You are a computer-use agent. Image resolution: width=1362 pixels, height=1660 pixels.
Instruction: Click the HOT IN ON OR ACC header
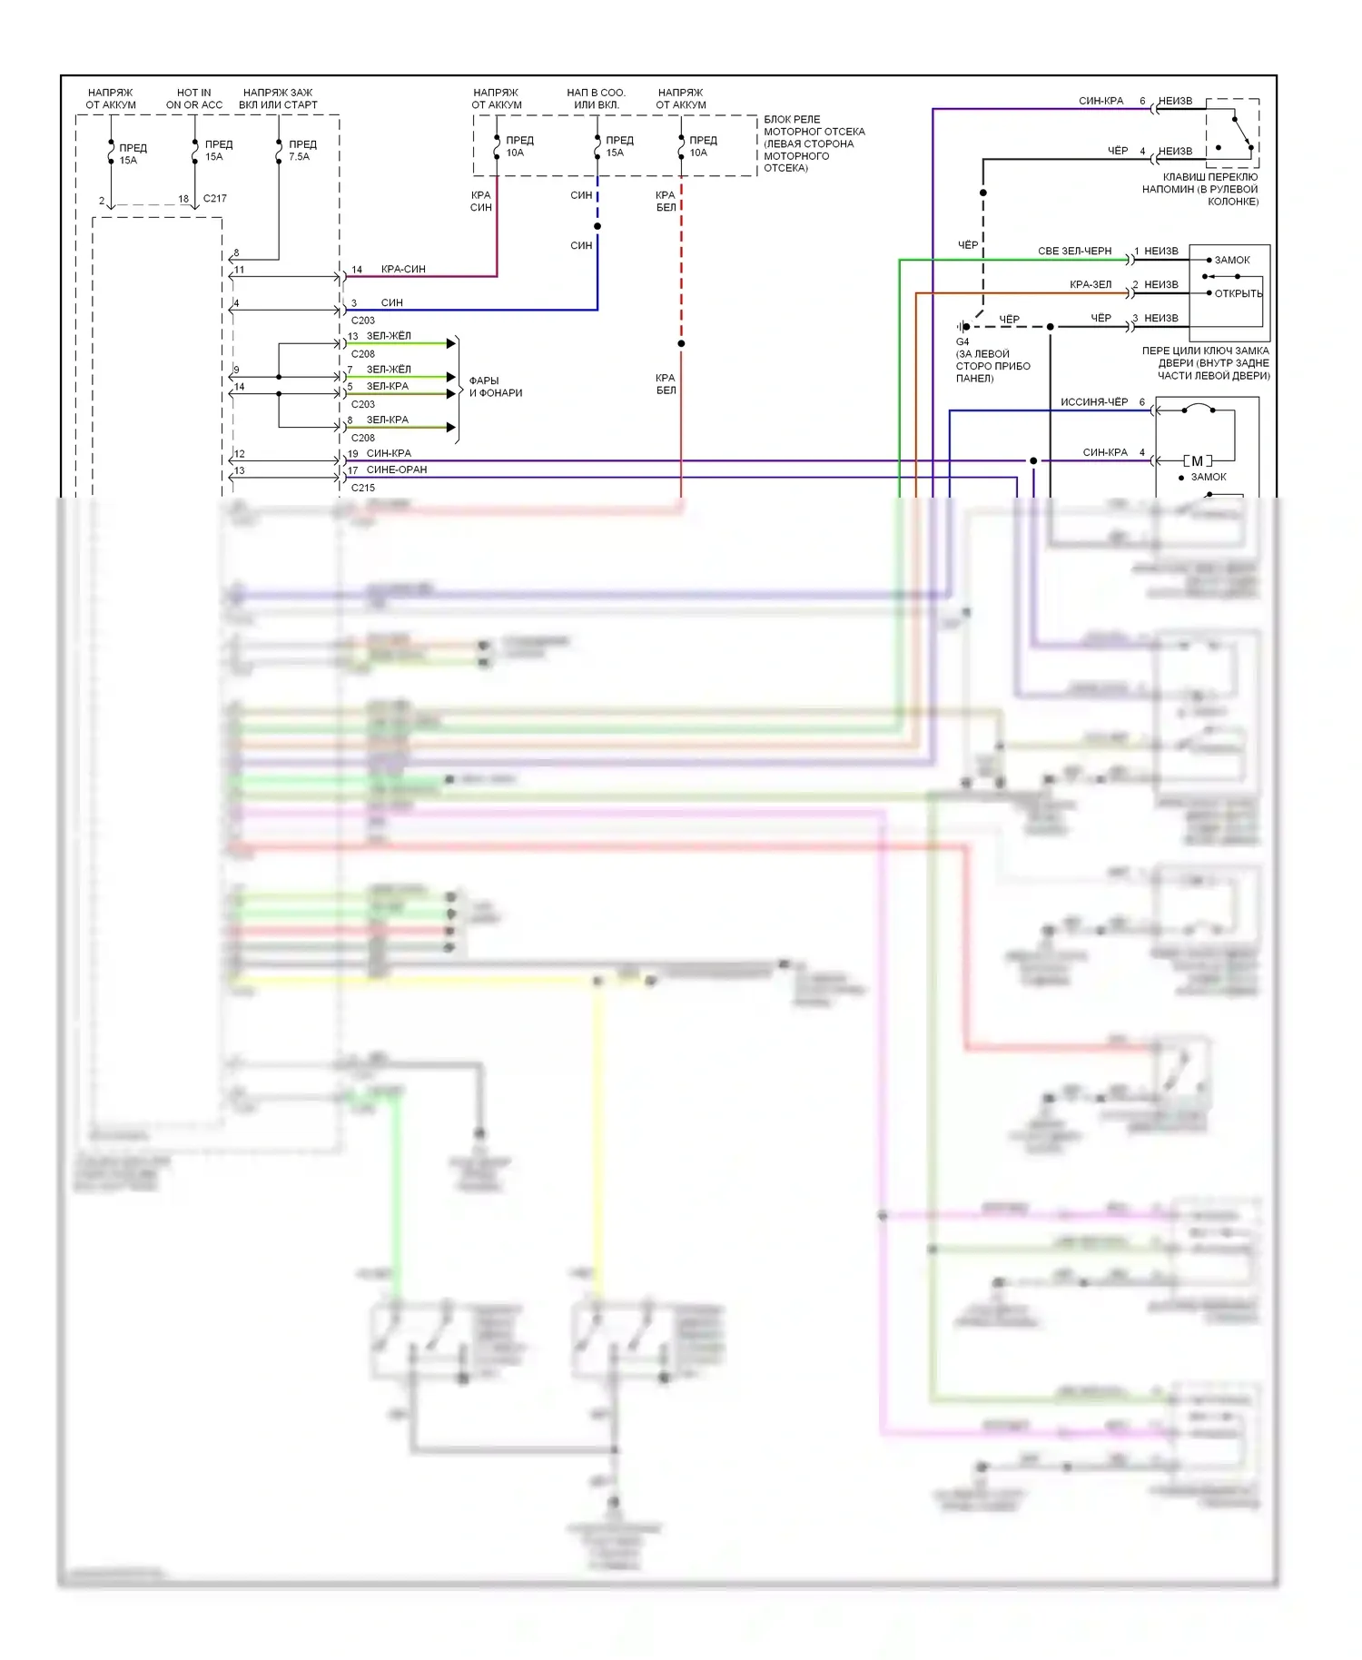[x=193, y=99]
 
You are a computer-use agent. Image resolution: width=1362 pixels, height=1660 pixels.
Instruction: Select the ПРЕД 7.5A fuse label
[x=302, y=151]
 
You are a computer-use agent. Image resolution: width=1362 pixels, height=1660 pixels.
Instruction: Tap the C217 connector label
[x=215, y=199]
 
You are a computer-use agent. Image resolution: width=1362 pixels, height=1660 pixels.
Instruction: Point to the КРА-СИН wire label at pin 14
[x=403, y=270]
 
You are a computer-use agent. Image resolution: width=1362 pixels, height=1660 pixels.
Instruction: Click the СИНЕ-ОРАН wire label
[x=397, y=470]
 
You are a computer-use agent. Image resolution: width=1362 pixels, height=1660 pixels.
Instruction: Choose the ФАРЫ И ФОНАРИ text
[x=495, y=387]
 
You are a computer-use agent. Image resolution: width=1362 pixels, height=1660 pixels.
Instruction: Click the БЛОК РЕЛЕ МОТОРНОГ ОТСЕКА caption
[x=814, y=143]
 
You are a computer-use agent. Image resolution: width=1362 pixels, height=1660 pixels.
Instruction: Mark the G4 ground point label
[x=962, y=342]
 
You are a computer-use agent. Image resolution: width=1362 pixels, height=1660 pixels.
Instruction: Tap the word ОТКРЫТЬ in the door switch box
[x=1239, y=294]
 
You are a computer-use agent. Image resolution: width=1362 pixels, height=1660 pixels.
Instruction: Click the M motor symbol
[x=1197, y=461]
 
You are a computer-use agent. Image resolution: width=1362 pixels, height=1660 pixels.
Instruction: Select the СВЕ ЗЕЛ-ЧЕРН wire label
[x=1074, y=252]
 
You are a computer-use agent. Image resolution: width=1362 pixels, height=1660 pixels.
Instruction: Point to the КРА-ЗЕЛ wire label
[x=1091, y=285]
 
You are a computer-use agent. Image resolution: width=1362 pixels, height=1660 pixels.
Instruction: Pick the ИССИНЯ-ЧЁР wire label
[x=1094, y=402]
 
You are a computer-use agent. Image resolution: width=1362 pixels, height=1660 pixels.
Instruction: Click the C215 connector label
[x=363, y=489]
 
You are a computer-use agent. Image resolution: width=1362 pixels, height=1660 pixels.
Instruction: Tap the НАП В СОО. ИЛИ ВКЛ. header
[x=596, y=99]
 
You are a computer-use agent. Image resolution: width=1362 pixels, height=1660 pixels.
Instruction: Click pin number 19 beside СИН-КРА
[x=353, y=454]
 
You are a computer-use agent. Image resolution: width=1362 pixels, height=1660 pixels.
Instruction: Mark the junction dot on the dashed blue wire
[x=597, y=226]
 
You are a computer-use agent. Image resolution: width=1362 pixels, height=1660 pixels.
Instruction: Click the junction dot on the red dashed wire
[x=681, y=343]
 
